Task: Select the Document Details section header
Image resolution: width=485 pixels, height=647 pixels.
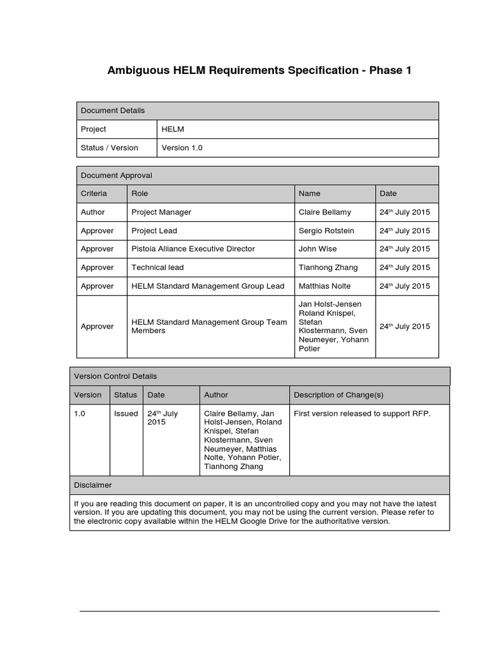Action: click(x=112, y=111)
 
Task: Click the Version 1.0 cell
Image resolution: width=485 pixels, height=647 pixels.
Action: click(x=182, y=148)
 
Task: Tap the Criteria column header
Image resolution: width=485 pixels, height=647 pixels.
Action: click(x=94, y=193)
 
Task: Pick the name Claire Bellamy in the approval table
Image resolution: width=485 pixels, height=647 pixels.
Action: click(x=325, y=212)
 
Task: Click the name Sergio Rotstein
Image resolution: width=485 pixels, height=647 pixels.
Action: click(x=326, y=231)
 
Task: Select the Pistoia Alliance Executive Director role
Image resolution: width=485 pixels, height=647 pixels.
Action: click(x=193, y=249)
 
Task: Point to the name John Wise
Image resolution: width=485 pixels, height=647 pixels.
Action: click(x=318, y=249)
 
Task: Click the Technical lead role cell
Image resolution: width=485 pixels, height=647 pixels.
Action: click(x=157, y=267)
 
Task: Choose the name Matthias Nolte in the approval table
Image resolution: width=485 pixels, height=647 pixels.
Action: click(x=325, y=286)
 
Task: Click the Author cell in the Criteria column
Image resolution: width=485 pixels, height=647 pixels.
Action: click(x=93, y=212)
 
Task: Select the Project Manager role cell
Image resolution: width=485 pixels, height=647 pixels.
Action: click(x=161, y=212)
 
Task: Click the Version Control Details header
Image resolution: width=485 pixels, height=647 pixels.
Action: click(x=116, y=376)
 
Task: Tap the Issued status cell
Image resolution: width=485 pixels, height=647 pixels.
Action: click(x=126, y=414)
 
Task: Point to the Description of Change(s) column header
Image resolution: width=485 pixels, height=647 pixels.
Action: click(x=338, y=395)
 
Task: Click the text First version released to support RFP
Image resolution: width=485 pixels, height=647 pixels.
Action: click(x=362, y=414)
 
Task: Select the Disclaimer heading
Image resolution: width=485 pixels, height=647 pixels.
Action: click(x=93, y=485)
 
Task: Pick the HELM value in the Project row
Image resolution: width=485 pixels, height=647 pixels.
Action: click(x=172, y=129)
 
